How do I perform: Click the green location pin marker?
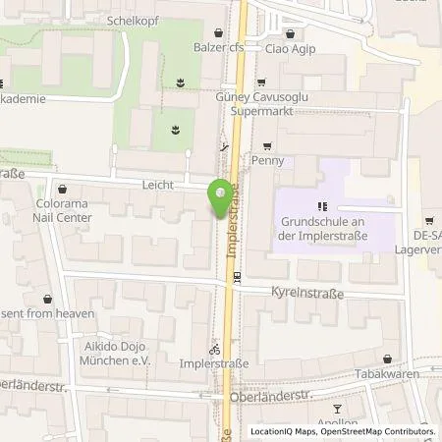(x=219, y=201)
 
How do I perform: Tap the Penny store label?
(x=267, y=159)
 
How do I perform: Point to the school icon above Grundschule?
(x=319, y=206)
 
